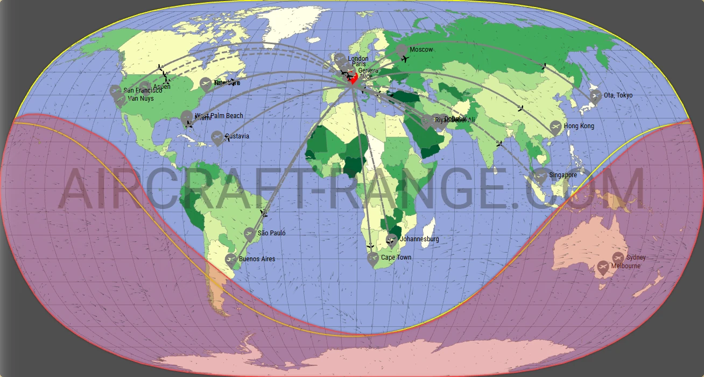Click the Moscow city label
[x=421, y=50]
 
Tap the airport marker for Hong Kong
[x=555, y=127]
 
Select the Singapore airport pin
[x=540, y=176]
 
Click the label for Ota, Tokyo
[x=618, y=95]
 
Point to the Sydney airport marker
[x=617, y=258]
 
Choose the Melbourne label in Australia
[x=625, y=266]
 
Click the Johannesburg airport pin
[x=392, y=240]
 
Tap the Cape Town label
[x=396, y=257]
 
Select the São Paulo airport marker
[x=249, y=234]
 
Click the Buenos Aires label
[x=257, y=259]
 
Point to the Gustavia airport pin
[x=217, y=137]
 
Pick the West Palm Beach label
[x=219, y=116]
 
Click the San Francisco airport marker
[x=115, y=91]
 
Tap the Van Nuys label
[x=141, y=99]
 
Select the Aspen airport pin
[x=145, y=87]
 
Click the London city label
[x=358, y=59]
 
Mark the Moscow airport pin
[x=402, y=50]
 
